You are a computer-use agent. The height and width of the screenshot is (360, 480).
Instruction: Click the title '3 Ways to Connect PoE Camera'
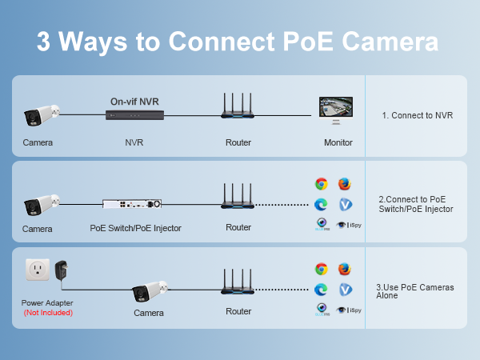pos(238,42)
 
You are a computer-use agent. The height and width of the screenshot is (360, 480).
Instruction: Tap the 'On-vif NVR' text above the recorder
pos(135,102)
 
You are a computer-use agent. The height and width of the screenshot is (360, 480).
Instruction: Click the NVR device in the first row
pos(135,116)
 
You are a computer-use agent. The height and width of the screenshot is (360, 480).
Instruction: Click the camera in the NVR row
pos(40,117)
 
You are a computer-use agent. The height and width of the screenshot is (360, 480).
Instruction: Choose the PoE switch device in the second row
pos(134,205)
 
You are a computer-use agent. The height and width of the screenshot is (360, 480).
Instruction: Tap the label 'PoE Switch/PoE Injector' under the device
pos(135,228)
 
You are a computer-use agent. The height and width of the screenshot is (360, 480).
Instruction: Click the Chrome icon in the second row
pos(322,184)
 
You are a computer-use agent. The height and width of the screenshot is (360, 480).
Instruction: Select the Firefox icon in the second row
pos(345,184)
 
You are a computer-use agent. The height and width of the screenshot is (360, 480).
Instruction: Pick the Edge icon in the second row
pos(322,204)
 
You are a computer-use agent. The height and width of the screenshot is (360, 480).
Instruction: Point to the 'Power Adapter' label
pos(47,303)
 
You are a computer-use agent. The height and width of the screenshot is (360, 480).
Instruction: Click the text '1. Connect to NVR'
pos(417,115)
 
